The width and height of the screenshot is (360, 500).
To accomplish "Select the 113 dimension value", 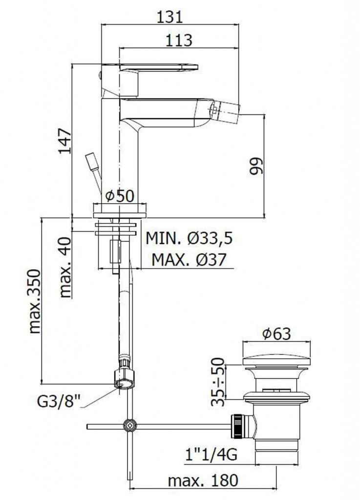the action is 179,41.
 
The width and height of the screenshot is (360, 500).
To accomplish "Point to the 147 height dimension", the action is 65,141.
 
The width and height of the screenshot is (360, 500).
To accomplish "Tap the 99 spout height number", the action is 256,166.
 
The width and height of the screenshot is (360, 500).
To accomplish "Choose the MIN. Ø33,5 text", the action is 189,238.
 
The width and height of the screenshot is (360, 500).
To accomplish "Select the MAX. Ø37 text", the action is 189,260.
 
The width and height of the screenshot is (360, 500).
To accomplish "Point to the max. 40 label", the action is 65,267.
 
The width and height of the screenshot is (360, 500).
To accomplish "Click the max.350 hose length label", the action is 35,301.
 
